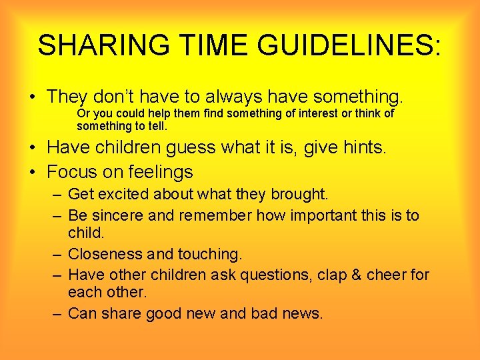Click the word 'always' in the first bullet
pos(219,97)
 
